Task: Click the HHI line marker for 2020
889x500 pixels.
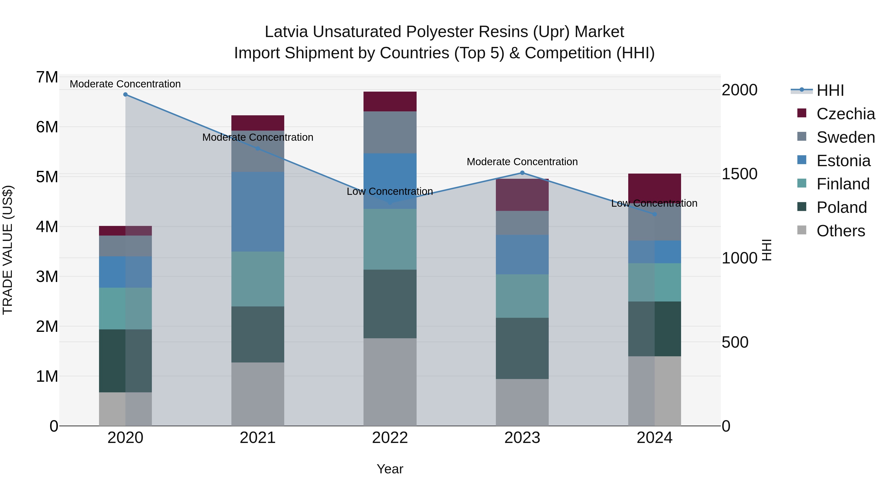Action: [125, 95]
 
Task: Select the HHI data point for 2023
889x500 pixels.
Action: [522, 173]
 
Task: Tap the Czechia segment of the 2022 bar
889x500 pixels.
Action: [390, 101]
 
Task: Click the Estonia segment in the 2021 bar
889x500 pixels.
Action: [258, 212]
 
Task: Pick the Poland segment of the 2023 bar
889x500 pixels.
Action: [522, 348]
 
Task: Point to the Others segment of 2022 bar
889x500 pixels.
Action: [390, 382]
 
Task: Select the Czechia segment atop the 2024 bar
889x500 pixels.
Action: [654, 186]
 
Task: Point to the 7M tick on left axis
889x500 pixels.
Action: [47, 77]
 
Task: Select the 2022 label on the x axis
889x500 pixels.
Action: [390, 438]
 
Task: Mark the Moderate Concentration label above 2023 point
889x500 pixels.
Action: [522, 162]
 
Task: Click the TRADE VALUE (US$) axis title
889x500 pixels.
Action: [8, 250]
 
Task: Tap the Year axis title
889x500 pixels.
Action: [390, 469]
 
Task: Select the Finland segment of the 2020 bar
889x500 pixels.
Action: [125, 308]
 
